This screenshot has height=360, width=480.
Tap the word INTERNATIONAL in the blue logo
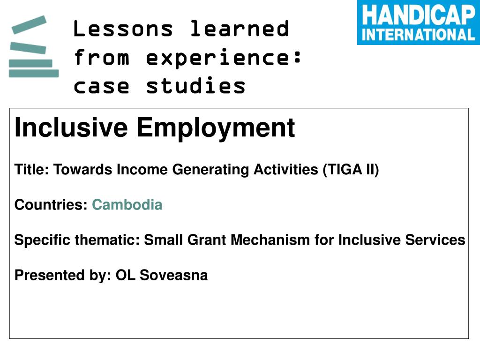pyautogui.click(x=419, y=35)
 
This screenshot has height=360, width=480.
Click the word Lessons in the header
pyautogui.click(x=123, y=29)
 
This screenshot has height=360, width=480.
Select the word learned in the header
pyautogui.click(x=240, y=29)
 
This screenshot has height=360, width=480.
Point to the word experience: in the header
pyautogui.click(x=224, y=58)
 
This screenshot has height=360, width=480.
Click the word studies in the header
pyautogui.click(x=195, y=85)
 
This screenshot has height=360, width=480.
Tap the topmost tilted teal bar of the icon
pyautogui.click(x=29, y=24)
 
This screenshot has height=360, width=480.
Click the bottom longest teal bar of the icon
pyautogui.click(x=34, y=74)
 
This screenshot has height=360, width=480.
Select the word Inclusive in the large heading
pyautogui.click(x=71, y=127)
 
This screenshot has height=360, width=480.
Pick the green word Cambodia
pyautogui.click(x=127, y=204)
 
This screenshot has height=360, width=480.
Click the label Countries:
pyautogui.click(x=51, y=204)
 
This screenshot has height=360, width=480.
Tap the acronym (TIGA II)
pyautogui.click(x=351, y=170)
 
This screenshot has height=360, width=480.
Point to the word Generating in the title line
pyautogui.click(x=210, y=170)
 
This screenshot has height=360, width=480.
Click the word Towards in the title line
pyautogui.click(x=83, y=170)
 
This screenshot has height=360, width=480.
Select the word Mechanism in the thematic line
pyautogui.click(x=270, y=240)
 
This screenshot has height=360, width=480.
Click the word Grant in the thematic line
pyautogui.click(x=207, y=240)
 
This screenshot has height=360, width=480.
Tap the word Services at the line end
pyautogui.click(x=435, y=240)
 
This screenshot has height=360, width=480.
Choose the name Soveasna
pyautogui.click(x=173, y=275)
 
